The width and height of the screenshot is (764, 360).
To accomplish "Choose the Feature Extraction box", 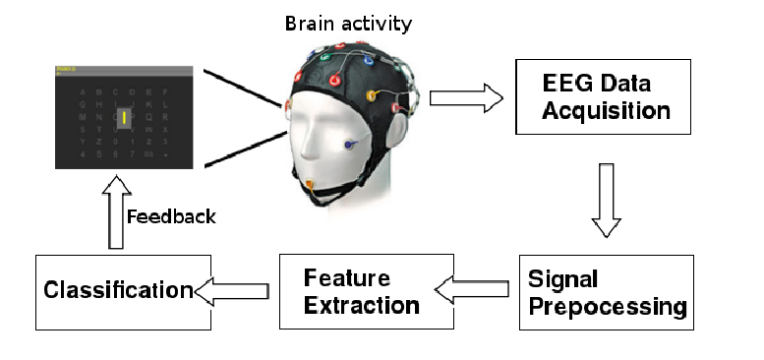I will [366, 291].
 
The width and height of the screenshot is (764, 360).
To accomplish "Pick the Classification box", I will [123, 291].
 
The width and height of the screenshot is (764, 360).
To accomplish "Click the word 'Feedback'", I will [170, 215].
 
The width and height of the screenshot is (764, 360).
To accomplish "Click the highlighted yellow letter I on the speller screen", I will [125, 119].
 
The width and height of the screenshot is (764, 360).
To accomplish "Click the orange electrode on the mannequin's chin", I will [309, 184].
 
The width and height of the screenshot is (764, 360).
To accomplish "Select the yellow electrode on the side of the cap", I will [372, 95].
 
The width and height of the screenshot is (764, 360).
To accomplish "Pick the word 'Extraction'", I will [362, 305].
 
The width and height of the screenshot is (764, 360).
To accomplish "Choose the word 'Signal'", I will [563, 278].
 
